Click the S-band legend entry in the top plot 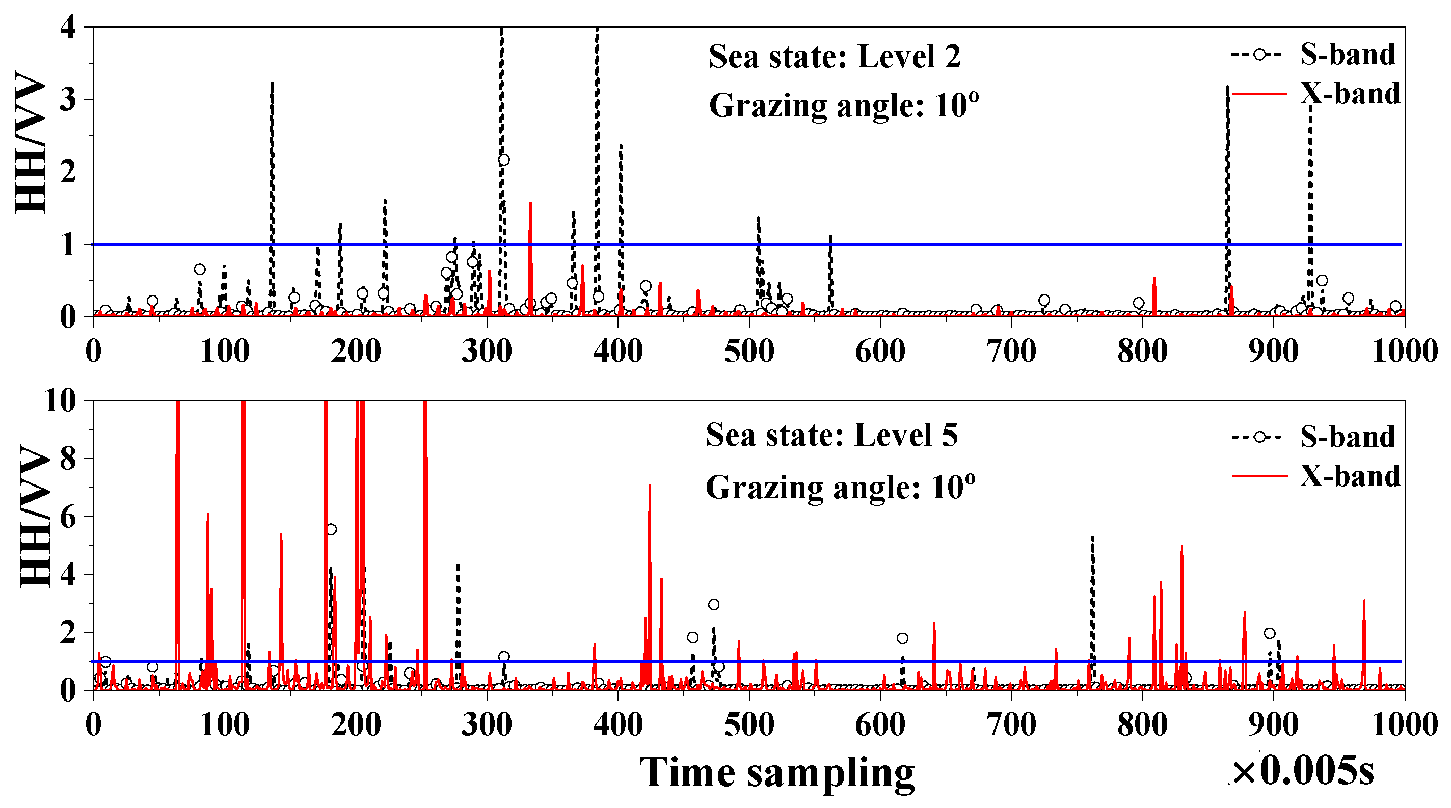pos(1347,55)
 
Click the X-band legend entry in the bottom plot pos(1350,476)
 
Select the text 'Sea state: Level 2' pos(834,57)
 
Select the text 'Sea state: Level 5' pos(831,435)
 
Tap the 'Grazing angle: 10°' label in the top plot pos(843,105)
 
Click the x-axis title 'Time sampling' pos(777,772)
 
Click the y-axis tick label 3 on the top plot pos(68,100)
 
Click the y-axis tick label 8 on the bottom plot pos(68,459)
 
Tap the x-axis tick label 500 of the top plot pos(748,352)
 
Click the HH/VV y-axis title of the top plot pos(31,144)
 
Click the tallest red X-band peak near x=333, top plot pos(530,204)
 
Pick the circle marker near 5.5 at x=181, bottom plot pos(331,529)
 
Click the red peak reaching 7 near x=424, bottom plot pos(650,486)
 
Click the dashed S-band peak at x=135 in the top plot pos(272,85)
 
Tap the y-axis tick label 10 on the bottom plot pos(60,401)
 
